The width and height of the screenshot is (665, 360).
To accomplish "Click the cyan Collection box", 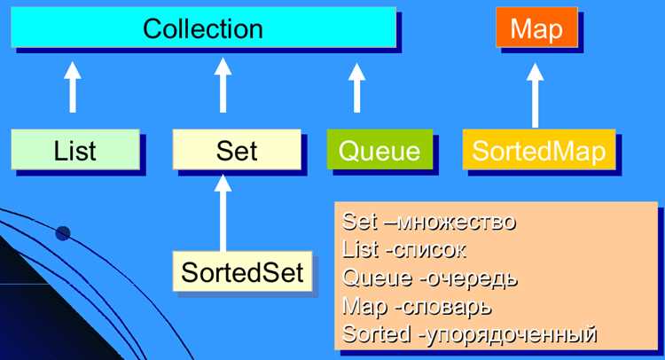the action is coord(204,27).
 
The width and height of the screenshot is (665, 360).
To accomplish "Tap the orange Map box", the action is coord(537,27).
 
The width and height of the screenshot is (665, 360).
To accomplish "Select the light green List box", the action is coord(75,149).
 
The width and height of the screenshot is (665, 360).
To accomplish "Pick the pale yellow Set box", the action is coord(237,149).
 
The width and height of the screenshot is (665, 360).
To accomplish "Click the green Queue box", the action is coord(380,149).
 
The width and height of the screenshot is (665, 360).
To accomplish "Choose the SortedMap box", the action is coord(539,149).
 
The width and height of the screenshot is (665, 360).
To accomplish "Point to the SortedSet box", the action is coord(243,271).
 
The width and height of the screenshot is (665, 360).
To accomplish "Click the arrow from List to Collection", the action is coord(73,88).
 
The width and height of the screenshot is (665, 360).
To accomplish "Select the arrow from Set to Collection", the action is coord(223,85).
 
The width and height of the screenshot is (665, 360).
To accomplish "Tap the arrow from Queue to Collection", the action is coord(356,88).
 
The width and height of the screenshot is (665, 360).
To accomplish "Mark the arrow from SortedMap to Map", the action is coord(536,96).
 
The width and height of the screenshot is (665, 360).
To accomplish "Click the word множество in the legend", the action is coord(458,223).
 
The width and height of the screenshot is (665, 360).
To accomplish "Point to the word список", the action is coord(429,250).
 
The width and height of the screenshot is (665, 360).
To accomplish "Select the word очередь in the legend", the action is coord(471,278).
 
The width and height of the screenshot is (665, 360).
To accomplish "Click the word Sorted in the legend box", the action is coord(376,333).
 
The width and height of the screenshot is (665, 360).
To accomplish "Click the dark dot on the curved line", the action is coord(63,233).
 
